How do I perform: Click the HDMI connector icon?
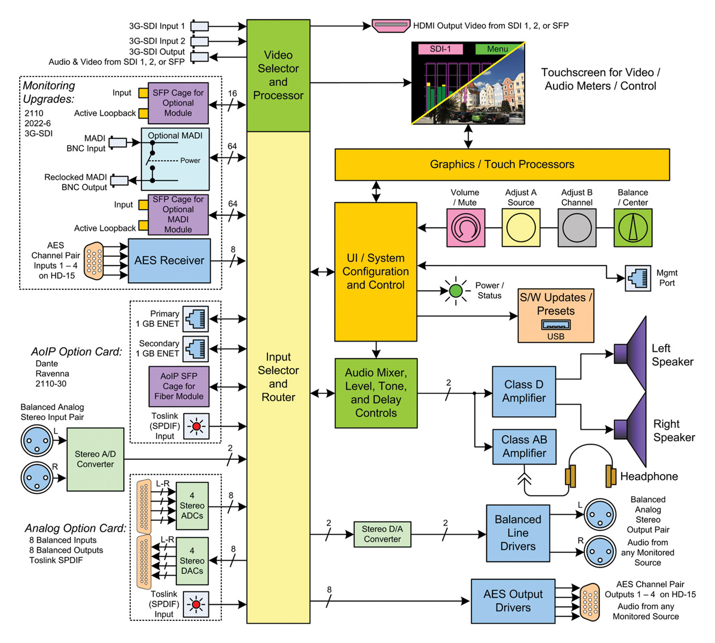pos(391,26)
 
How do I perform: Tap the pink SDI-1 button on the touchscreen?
pos(440,49)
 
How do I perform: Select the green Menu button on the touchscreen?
pos(497,49)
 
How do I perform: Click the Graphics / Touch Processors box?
pos(502,165)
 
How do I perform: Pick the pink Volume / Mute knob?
pos(465,228)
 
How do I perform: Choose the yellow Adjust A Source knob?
pos(520,228)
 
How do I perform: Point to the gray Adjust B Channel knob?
pos(577,228)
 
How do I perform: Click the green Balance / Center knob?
pos(632,228)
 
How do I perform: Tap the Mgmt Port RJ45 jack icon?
pos(638,278)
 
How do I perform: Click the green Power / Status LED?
pos(456,291)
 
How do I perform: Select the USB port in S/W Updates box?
pos(556,325)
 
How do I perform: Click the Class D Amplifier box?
pos(524,392)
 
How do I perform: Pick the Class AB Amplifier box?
pos(524,447)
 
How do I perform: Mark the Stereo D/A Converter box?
pos(382,534)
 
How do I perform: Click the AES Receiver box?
pos(169,261)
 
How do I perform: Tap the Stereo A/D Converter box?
pos(95,459)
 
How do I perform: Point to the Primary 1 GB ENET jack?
pos(195,319)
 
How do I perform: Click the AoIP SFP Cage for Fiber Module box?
pos(178,386)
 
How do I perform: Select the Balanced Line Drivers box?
pos(518,533)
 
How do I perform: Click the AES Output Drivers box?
pos(513,601)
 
